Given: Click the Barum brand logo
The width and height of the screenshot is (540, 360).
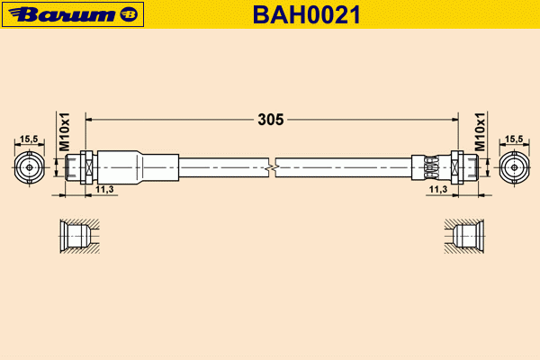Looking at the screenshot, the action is coord(73,14).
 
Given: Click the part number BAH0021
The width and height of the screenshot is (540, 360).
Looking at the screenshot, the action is coord(307,14).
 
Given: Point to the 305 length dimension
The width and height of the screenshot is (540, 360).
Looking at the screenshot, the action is coord(271,120).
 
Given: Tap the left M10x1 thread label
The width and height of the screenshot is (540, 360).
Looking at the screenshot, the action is coord(64,131).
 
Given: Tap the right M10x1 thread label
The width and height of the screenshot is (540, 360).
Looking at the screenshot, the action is coord(480,131).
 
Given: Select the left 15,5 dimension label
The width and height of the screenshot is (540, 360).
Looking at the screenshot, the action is coord(29,139).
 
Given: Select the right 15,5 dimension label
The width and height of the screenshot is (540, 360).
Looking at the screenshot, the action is coord(514,139).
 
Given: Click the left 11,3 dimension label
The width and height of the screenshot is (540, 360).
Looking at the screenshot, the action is coord(104,189).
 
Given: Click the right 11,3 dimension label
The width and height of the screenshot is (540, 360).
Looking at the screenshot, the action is coord(438,189).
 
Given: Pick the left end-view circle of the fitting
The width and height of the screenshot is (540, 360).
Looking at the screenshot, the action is coord(30,167).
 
